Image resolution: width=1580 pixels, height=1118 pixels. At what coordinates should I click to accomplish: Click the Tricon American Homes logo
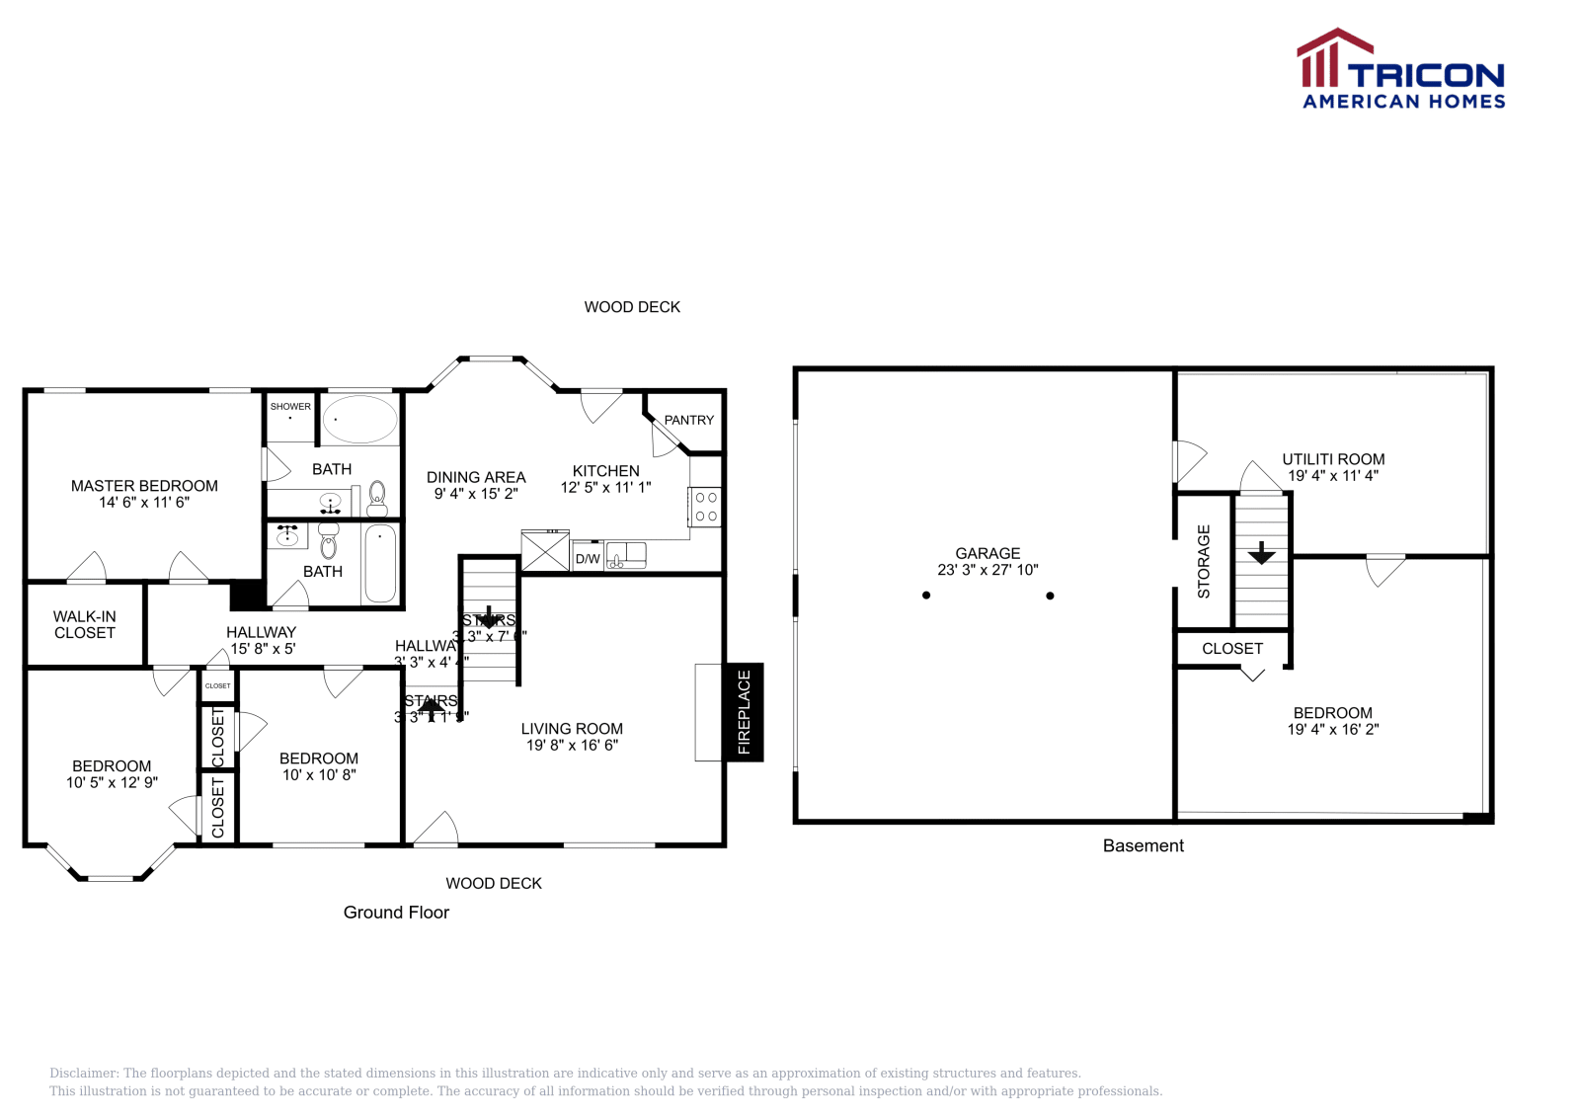pyautogui.click(x=1400, y=69)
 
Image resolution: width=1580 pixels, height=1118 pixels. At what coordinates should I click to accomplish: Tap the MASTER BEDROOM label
pyautogui.click(x=144, y=486)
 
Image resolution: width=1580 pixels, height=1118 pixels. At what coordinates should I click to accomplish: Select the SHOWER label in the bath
pyautogui.click(x=290, y=406)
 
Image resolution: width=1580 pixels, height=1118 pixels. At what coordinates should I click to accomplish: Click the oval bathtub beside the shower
pyautogui.click(x=359, y=419)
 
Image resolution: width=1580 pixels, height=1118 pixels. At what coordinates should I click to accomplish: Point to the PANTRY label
pyautogui.click(x=688, y=420)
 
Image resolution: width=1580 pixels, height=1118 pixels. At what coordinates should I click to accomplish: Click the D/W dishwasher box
pyautogui.click(x=588, y=559)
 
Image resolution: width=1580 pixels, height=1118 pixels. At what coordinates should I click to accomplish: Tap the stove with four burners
pyautogui.click(x=706, y=507)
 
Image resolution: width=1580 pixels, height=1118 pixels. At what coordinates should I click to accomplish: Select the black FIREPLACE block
pyautogui.click(x=744, y=711)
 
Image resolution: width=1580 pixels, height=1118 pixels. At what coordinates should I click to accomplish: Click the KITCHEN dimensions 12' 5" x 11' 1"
pyautogui.click(x=605, y=487)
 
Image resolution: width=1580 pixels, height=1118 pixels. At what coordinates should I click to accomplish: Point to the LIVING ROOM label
pyautogui.click(x=572, y=729)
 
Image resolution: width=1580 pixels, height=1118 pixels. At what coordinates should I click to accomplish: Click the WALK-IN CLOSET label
pyautogui.click(x=85, y=624)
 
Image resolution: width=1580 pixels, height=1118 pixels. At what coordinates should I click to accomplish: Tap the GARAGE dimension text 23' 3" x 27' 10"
pyautogui.click(x=987, y=570)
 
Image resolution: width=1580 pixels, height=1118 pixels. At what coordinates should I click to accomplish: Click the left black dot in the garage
pyautogui.click(x=926, y=596)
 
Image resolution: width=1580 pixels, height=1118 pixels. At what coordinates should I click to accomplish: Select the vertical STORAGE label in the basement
pyautogui.click(x=1203, y=562)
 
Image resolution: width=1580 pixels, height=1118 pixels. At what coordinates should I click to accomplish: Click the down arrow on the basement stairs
pyautogui.click(x=1261, y=553)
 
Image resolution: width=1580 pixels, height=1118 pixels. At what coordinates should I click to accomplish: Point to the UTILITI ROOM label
pyautogui.click(x=1333, y=459)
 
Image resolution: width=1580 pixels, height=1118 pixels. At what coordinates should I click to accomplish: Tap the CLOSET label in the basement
pyautogui.click(x=1232, y=649)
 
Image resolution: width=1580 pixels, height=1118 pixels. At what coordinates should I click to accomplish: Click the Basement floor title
pyautogui.click(x=1143, y=845)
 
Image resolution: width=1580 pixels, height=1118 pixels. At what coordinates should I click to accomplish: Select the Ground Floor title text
pyautogui.click(x=396, y=913)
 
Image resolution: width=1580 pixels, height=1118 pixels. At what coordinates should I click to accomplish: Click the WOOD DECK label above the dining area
pyautogui.click(x=632, y=307)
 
